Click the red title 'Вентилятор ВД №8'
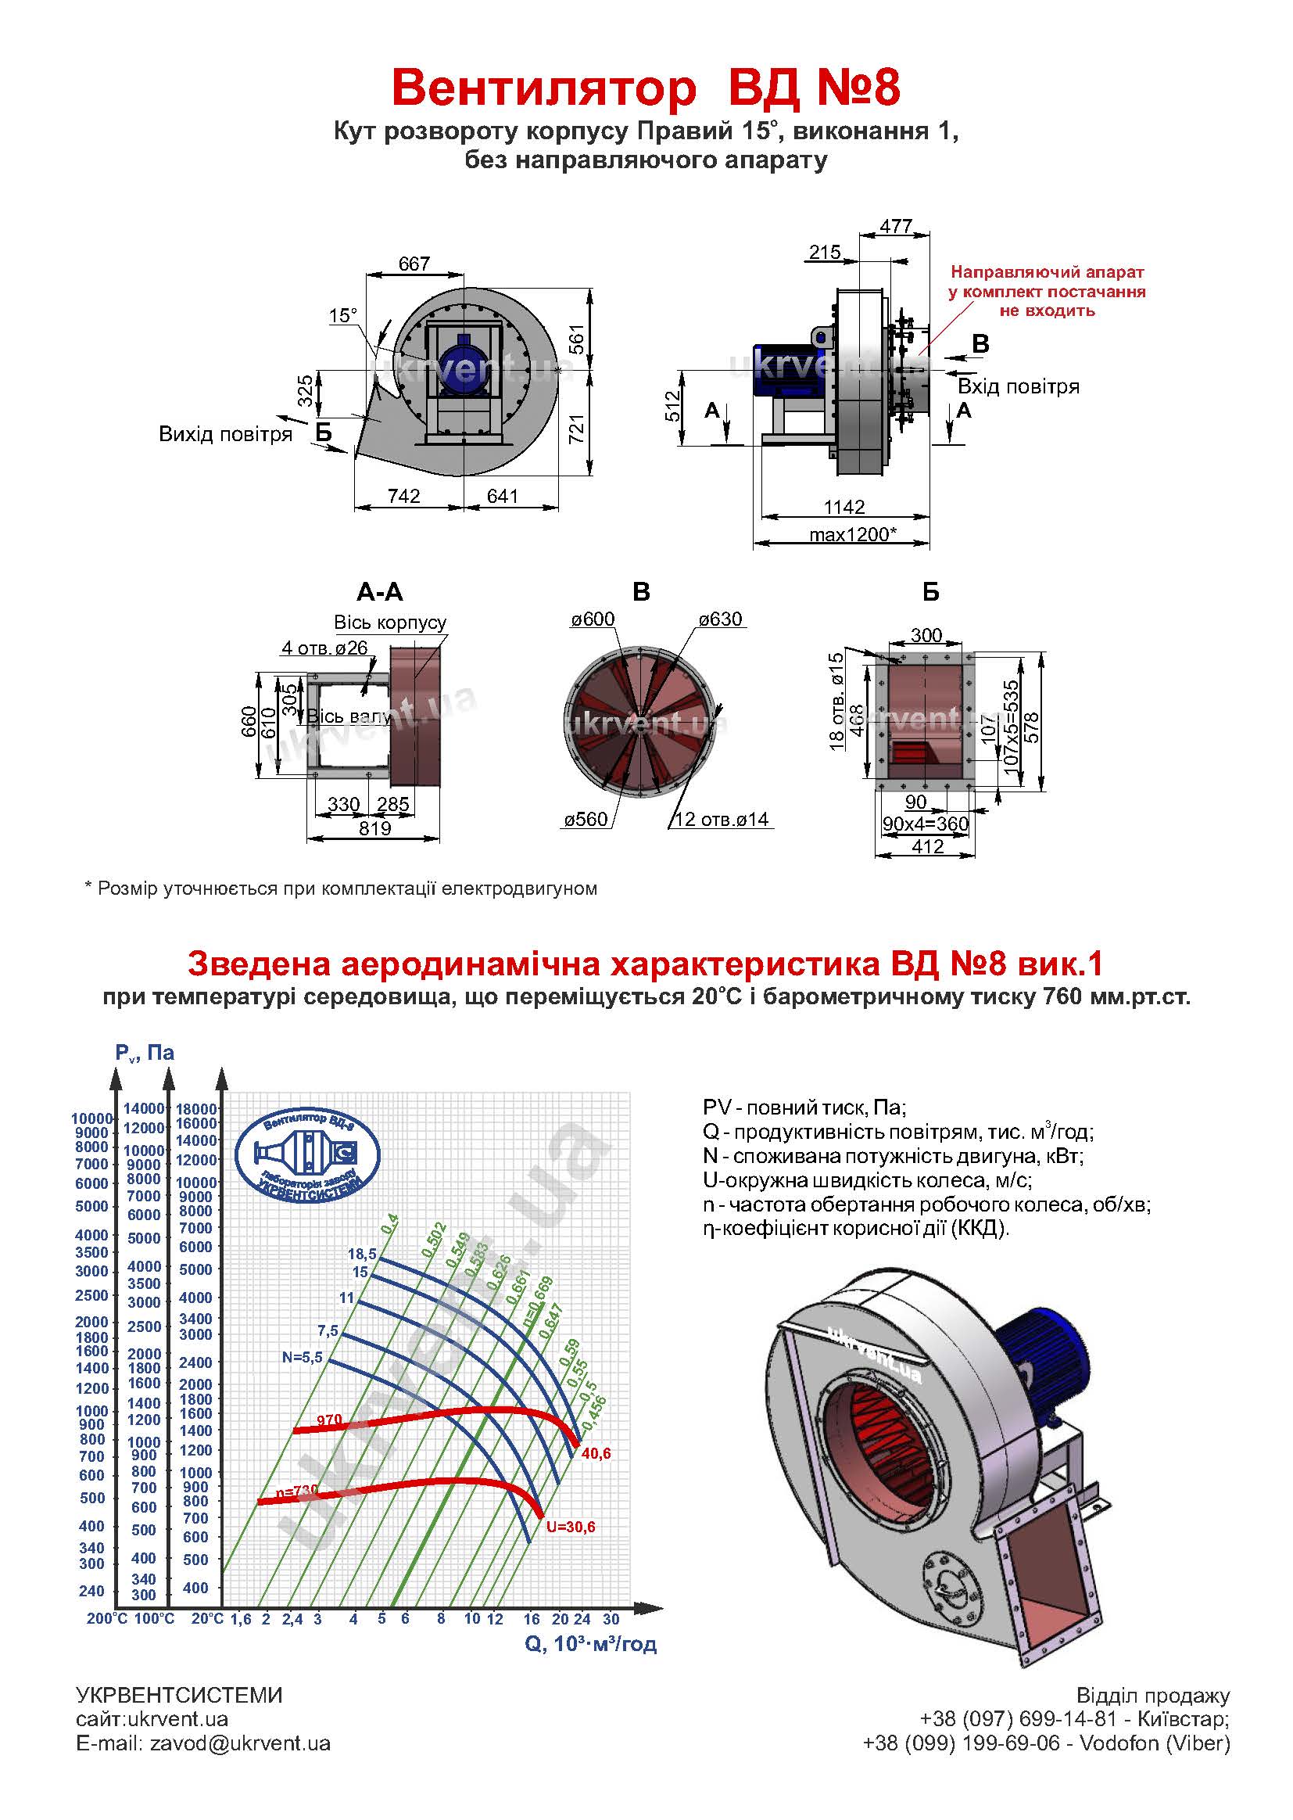646,88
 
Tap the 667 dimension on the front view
414,264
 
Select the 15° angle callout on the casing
343,315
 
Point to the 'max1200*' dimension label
853,533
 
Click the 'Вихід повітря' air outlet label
225,434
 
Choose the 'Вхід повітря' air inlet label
1019,387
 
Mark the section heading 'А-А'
380,592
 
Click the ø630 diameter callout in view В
720,619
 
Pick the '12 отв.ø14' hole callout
722,820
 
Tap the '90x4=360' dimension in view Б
925,824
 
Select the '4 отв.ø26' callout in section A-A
324,648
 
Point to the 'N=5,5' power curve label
302,1358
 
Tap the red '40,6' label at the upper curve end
596,1454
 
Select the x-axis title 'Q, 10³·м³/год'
591,1644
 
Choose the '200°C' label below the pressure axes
106,1618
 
